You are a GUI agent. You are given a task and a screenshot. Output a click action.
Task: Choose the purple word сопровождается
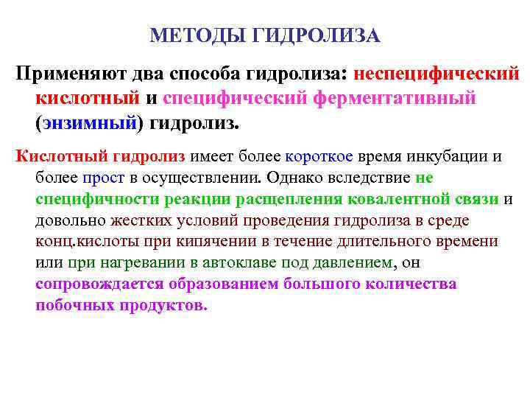[99, 284]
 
